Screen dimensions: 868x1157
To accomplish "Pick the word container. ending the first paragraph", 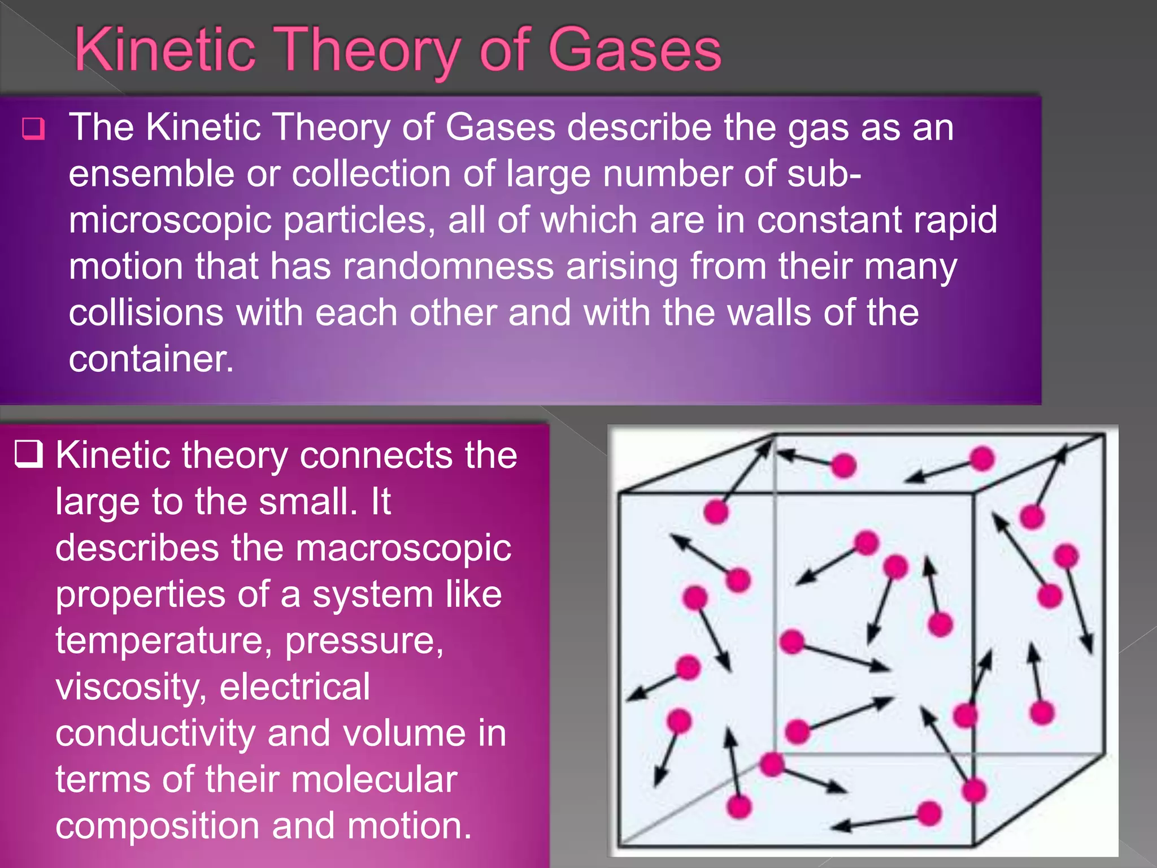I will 151,359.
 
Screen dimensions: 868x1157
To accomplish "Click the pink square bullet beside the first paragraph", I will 33,129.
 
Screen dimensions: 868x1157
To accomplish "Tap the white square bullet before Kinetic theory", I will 28,454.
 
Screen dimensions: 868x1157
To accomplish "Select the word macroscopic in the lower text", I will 403,548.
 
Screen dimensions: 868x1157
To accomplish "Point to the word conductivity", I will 155,734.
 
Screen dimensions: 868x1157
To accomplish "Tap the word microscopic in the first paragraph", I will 169,220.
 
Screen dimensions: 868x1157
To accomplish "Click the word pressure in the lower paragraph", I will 364,641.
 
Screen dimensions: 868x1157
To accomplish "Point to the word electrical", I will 294,687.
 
